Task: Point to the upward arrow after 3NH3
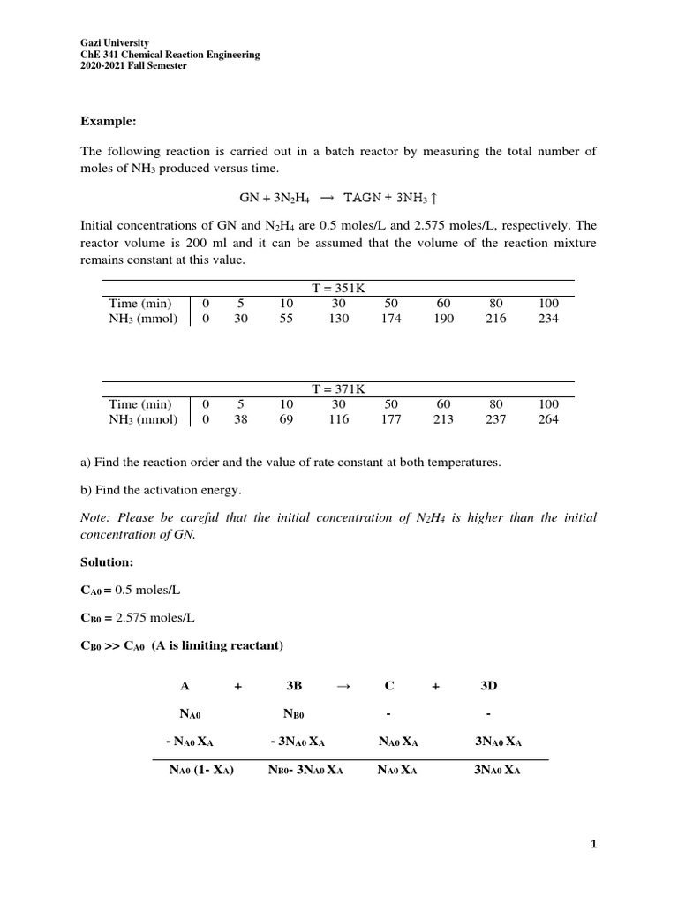click(433, 198)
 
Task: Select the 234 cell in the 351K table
click(548, 319)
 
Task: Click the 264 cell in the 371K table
click(548, 419)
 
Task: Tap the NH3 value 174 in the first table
click(391, 319)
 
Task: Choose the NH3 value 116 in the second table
click(338, 419)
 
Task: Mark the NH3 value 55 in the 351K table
click(286, 319)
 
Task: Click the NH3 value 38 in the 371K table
click(240, 419)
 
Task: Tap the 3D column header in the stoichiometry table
click(488, 685)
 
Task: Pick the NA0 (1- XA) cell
click(201, 770)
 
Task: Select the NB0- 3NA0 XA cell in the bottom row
click(305, 770)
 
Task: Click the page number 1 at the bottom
click(594, 845)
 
